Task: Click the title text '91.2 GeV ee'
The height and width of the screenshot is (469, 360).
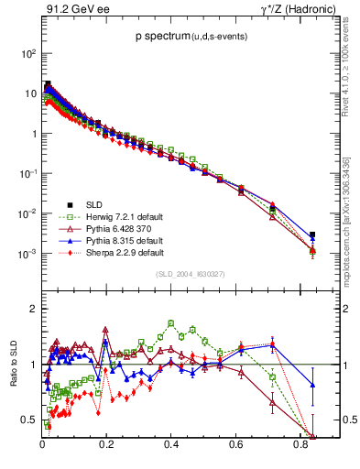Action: pos(71,9)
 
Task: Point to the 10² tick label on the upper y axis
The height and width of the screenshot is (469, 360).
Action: pos(29,53)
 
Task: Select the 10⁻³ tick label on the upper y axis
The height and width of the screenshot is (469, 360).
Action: pos(27,254)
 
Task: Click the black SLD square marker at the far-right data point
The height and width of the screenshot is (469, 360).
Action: pos(312,234)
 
